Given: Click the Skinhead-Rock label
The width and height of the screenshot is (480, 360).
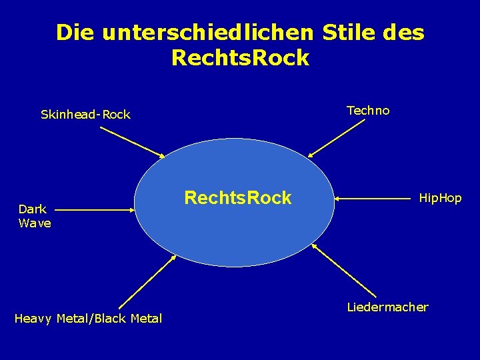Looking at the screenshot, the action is click(85, 115).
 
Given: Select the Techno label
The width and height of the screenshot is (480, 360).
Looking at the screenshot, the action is click(368, 111).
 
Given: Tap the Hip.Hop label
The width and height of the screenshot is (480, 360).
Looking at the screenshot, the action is click(439, 198).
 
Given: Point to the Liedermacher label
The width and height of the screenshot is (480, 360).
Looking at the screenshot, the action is click(387, 307).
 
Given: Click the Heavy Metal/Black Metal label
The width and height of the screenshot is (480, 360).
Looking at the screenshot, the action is click(88, 319).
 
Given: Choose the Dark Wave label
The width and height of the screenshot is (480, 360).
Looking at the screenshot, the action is click(35, 216).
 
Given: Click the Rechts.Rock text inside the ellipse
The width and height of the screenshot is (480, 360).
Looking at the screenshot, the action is click(237, 198).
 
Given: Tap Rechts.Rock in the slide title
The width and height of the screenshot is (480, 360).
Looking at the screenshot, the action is click(240, 58).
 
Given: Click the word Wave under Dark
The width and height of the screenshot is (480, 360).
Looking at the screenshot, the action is click(35, 223).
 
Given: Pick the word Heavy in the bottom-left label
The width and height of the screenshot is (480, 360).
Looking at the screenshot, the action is click(33, 319).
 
